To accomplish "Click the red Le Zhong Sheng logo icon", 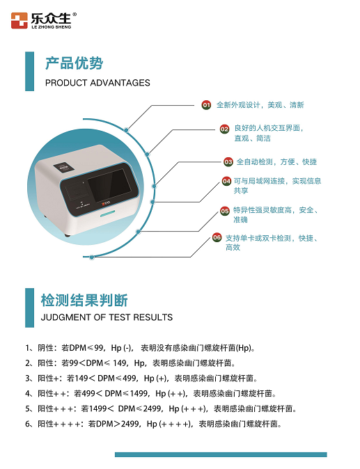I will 19,20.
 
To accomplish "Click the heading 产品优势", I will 74,63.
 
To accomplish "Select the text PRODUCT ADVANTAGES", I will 97,83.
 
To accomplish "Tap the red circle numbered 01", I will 206,105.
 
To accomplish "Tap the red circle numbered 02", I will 224,129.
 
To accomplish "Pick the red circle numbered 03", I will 228,161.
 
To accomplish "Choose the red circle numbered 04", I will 226,181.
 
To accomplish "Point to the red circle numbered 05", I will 224,210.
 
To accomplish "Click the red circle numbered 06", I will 217,237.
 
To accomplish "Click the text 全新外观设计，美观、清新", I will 260,105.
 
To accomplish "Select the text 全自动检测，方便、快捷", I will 276,161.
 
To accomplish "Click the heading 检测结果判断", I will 84,301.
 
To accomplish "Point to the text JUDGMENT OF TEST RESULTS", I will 109,317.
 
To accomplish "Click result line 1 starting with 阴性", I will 140,347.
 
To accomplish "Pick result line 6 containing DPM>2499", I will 153,424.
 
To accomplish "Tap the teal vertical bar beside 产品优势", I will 29,71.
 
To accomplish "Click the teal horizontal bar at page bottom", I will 221,454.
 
